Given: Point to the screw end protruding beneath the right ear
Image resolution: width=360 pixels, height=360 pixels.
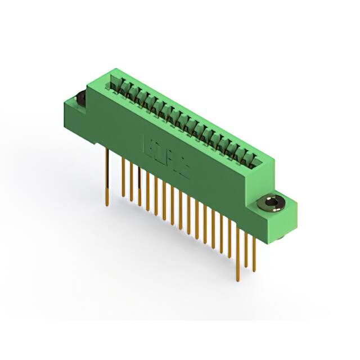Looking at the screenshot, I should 281,240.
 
